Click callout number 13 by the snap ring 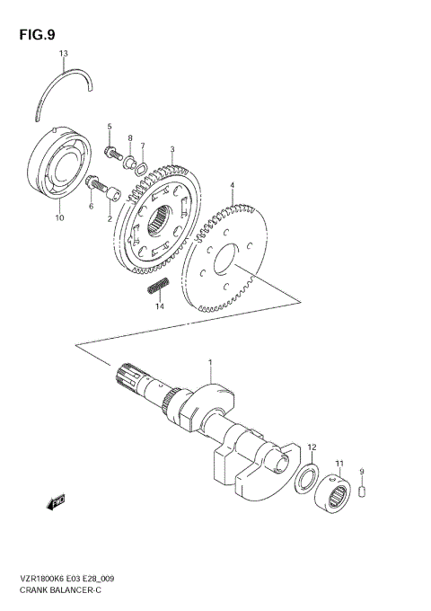click(x=63, y=55)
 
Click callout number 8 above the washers click(x=129, y=138)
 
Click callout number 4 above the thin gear click(x=232, y=186)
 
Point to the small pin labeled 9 click(x=362, y=491)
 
